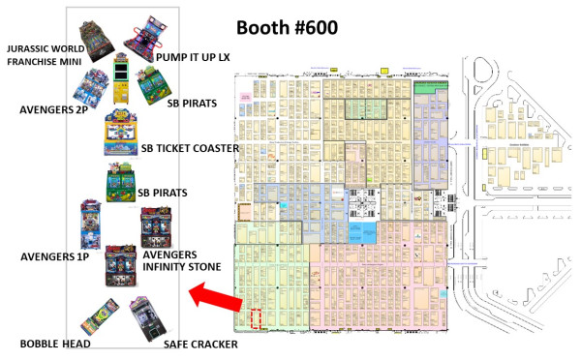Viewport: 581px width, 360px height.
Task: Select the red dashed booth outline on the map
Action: pyautogui.click(x=255, y=319)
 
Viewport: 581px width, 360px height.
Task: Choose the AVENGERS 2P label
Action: pyautogui.click(x=54, y=109)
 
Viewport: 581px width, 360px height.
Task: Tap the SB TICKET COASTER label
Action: pyautogui.click(x=190, y=147)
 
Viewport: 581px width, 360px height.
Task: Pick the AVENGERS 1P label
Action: pyautogui.click(x=56, y=257)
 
